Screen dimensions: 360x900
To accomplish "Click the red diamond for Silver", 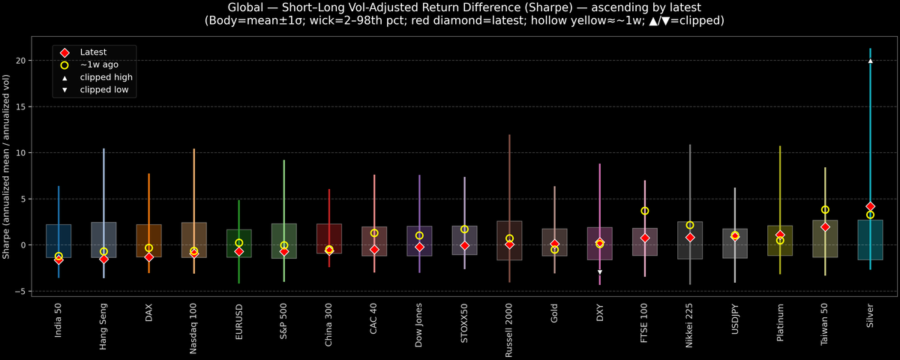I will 870,206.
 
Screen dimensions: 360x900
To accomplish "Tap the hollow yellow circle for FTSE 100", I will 644,211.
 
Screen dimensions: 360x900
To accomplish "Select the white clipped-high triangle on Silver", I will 870,61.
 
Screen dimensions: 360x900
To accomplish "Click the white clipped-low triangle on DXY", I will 599,272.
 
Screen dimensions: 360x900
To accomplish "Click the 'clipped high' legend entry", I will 106,77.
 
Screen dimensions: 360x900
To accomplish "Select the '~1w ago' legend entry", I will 99,64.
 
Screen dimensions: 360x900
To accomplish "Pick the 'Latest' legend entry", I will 93,52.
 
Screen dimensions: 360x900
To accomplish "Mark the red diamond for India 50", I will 58,259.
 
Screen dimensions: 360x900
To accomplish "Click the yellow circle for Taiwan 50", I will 825,210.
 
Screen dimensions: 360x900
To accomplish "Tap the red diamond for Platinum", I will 780,235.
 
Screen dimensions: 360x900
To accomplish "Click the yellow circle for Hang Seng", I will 103,252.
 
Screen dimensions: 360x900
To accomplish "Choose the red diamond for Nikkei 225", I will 690,237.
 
